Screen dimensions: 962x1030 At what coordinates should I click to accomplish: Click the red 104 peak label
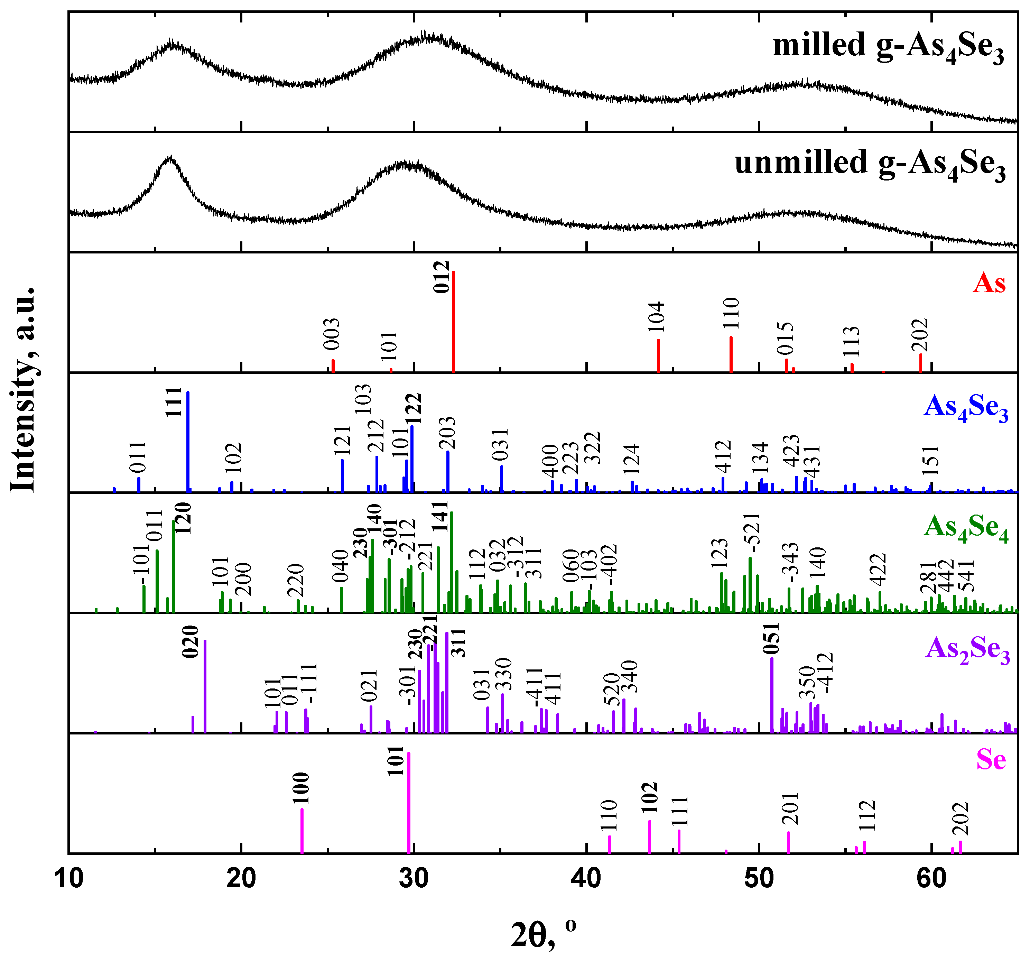tap(656, 317)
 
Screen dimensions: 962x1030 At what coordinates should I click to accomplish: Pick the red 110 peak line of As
tap(731, 354)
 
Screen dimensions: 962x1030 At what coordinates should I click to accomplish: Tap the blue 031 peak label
tap(501, 444)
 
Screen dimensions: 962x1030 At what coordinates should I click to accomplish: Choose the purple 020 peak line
tap(205, 686)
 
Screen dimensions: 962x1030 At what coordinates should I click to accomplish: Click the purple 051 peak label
tap(771, 639)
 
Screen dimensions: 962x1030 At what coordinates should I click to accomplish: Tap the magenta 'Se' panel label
tap(991, 760)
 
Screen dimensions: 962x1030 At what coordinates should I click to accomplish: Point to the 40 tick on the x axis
tap(586, 879)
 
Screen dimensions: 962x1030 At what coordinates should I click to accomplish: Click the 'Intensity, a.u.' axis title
tap(23, 389)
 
